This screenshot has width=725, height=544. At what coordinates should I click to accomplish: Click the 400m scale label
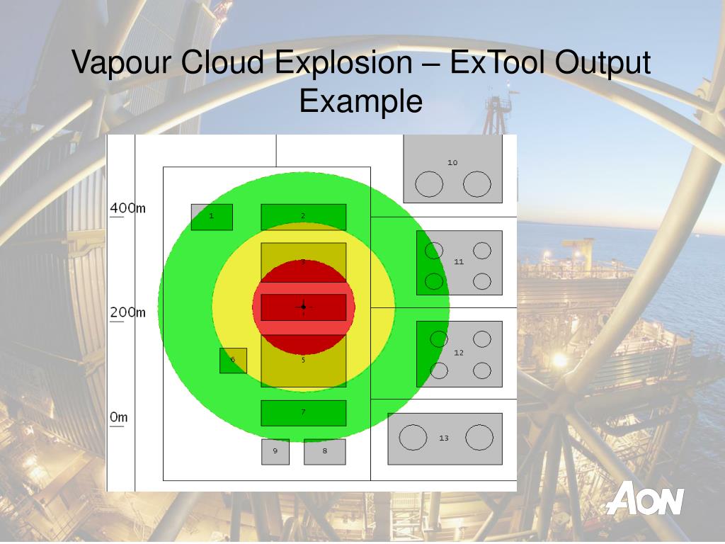(x=127, y=208)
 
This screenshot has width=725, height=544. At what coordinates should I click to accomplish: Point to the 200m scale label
(x=127, y=312)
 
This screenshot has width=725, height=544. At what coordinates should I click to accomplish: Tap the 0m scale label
(x=119, y=417)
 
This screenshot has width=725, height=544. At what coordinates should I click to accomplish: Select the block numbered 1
(x=212, y=217)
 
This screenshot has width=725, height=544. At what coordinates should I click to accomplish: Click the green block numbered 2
(x=303, y=217)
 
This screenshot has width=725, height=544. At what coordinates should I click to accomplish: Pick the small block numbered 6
(x=233, y=360)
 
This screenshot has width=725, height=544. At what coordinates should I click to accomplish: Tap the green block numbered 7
(x=303, y=413)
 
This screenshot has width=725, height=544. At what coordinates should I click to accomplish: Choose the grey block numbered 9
(x=275, y=451)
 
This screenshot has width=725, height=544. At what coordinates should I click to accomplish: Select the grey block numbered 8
(x=325, y=451)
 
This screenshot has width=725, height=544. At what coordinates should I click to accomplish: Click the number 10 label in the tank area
(x=452, y=162)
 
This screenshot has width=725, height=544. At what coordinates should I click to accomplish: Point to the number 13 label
(x=444, y=438)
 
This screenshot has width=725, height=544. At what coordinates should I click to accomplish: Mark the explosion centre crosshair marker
(x=303, y=306)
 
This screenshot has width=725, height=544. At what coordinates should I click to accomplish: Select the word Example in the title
(x=360, y=101)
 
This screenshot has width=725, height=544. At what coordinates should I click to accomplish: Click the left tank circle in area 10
(x=428, y=185)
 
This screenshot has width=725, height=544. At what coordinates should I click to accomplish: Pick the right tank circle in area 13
(x=479, y=438)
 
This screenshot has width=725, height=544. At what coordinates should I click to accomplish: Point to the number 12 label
(x=459, y=352)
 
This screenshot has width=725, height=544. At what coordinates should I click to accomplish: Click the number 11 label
(x=459, y=261)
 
